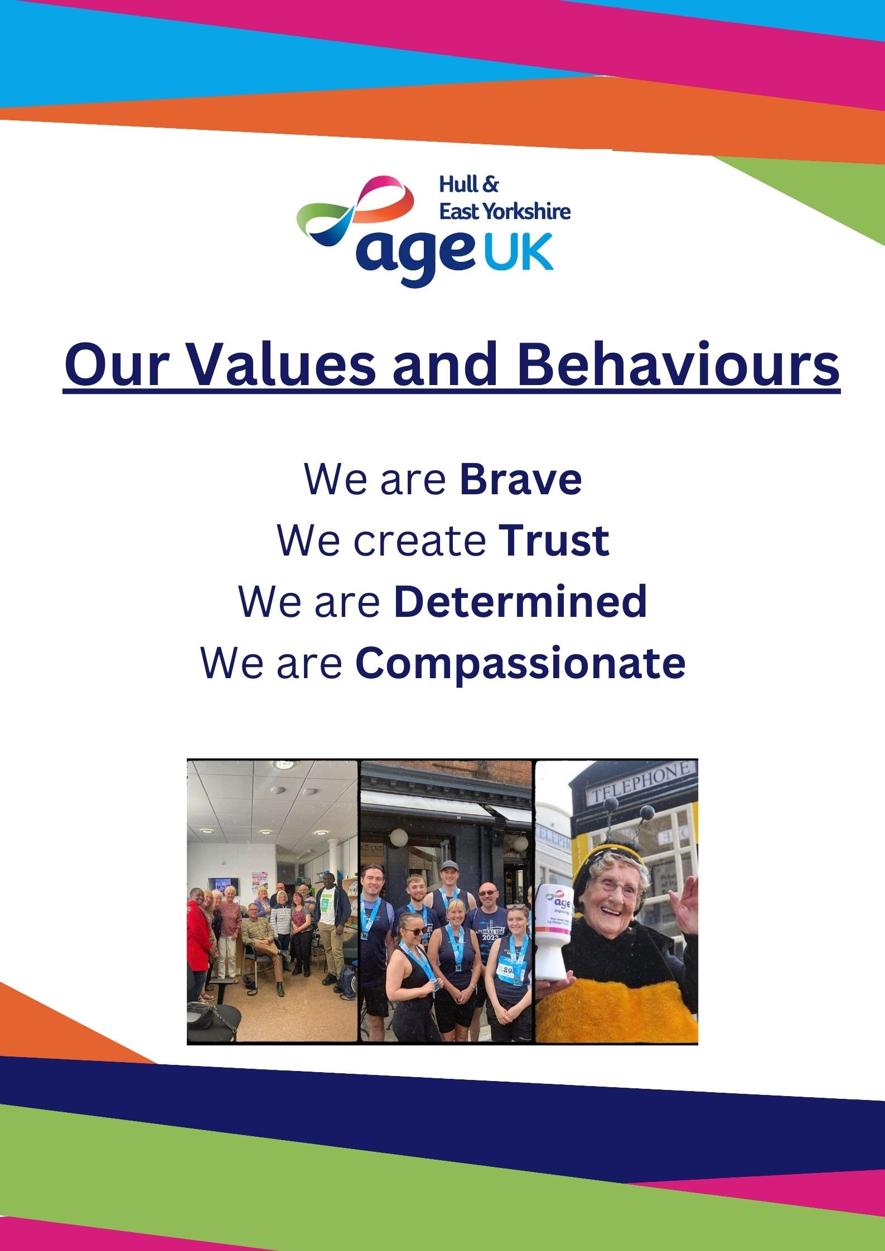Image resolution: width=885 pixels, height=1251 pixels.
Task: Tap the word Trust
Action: (554, 540)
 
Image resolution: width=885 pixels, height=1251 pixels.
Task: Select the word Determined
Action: (520, 601)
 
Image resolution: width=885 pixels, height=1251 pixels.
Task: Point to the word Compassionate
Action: (520, 664)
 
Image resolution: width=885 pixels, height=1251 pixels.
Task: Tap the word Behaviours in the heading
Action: (678, 365)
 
